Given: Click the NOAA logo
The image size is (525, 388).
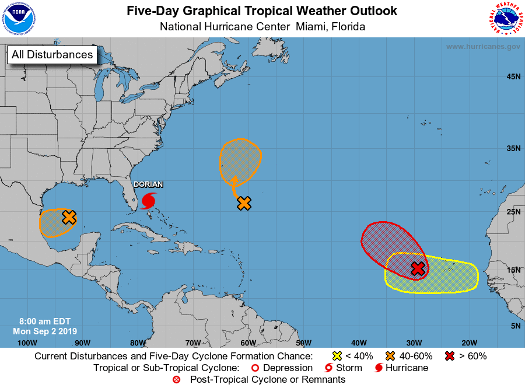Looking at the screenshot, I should [x=19, y=19].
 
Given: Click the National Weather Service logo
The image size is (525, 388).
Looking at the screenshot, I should [x=505, y=19].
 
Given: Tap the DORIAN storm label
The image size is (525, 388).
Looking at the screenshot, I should [x=148, y=184].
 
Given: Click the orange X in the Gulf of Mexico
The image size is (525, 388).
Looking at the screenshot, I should [x=69, y=217].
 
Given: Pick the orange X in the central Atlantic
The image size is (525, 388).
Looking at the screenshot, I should [x=244, y=204].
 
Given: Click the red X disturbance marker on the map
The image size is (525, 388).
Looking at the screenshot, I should [x=417, y=268].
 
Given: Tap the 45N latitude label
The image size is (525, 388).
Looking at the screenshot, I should [x=513, y=76].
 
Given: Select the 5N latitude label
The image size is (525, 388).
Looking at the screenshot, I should [x=515, y=326].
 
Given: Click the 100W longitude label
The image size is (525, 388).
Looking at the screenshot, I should [x=27, y=342].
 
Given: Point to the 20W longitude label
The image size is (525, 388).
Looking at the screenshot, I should [x=469, y=342].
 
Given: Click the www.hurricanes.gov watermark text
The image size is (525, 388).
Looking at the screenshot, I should [x=483, y=47].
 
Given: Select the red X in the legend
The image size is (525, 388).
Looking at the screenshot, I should [x=449, y=356].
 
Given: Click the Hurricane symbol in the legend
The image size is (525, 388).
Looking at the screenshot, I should [x=379, y=368].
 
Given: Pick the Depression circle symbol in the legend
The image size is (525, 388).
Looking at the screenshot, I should [x=254, y=368].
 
